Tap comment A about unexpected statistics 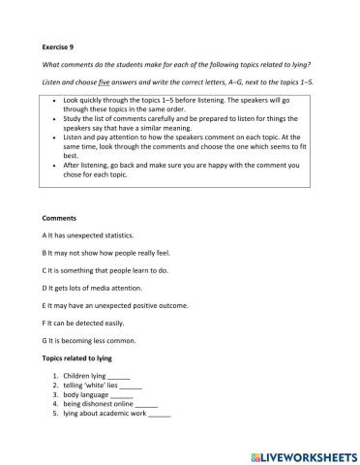click(93, 235)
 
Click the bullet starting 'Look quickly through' click(174, 105)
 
